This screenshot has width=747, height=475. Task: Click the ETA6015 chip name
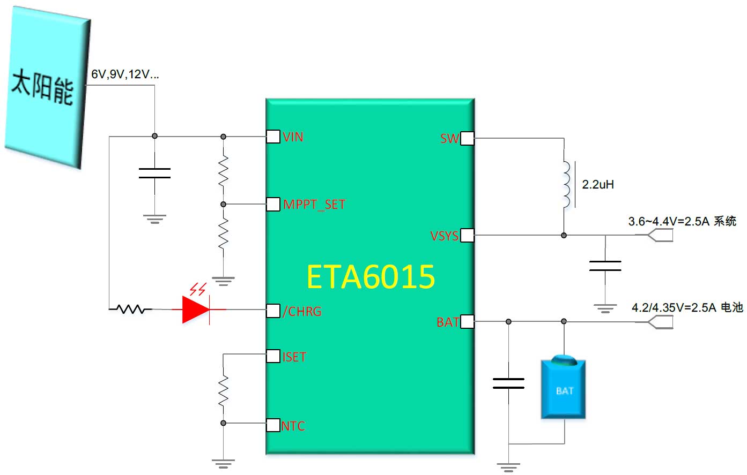(371, 277)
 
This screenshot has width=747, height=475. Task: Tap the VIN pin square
(273, 137)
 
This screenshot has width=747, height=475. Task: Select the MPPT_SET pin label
(314, 205)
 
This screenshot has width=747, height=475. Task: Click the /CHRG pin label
(302, 312)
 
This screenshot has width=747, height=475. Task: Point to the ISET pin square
(273, 356)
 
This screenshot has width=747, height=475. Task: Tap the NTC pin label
(293, 426)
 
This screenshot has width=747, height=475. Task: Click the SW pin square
(467, 138)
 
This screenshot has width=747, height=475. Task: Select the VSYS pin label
(444, 236)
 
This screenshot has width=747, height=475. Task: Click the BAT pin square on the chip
(467, 321)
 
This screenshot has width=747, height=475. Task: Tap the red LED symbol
(196, 309)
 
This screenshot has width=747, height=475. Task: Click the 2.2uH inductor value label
(598, 185)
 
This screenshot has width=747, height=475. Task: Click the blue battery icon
(564, 388)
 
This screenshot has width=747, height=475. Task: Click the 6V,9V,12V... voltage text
(125, 74)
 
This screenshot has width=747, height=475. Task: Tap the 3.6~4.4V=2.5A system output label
(682, 221)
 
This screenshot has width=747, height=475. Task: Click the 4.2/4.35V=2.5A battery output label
(687, 307)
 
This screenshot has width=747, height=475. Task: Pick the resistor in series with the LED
(130, 309)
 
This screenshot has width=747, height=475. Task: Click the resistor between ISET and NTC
(223, 390)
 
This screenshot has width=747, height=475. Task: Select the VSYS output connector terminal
(660, 235)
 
